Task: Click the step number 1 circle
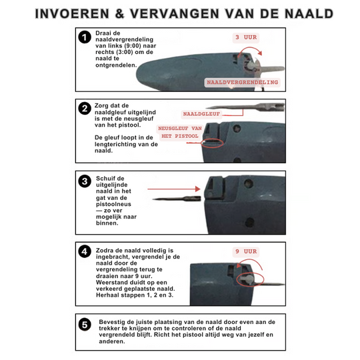85,37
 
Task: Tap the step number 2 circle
85,109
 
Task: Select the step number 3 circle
85,181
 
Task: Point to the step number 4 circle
85,251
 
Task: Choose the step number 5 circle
85,325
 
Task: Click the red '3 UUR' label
246,37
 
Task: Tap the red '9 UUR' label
246,251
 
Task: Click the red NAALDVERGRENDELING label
243,83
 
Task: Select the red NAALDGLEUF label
201,114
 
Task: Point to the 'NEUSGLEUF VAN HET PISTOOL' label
180,132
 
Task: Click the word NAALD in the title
309,14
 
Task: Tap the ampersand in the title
119,14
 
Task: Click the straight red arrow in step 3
174,189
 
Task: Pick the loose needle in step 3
177,199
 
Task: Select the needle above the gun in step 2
245,107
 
